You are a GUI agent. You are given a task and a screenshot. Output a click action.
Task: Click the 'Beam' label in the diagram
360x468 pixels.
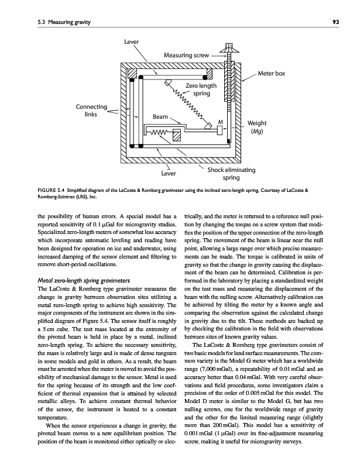pyautogui.click(x=160, y=117)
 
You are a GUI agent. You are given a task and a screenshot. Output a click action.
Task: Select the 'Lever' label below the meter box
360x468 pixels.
pyautogui.click(x=170, y=173)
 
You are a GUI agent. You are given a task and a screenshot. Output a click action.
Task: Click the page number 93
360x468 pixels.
pyautogui.click(x=335, y=22)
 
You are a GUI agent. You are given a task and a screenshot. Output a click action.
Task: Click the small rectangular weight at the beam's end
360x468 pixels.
pyautogui.click(x=220, y=130)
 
